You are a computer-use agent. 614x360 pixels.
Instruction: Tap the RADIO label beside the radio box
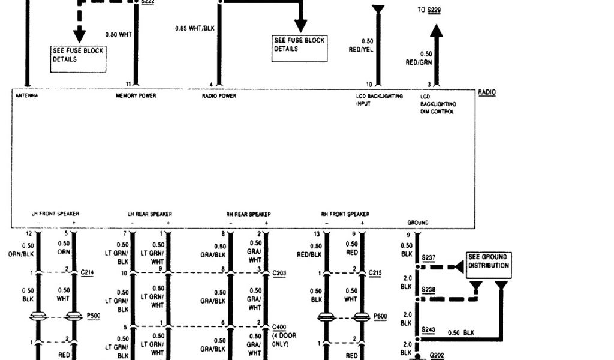click(x=487, y=92)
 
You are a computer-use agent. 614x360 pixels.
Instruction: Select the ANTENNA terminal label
click(x=26, y=96)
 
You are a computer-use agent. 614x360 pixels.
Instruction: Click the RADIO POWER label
click(x=219, y=96)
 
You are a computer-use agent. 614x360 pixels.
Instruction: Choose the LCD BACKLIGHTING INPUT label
click(x=379, y=100)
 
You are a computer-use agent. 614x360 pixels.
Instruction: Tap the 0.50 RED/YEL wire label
click(x=361, y=46)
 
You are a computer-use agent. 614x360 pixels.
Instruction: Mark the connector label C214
click(x=87, y=272)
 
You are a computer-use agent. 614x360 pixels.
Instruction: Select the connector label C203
click(x=279, y=272)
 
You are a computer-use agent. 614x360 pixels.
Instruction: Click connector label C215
click(x=375, y=272)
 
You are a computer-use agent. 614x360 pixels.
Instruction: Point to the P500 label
click(x=93, y=314)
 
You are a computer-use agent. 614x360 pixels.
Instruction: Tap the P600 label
click(x=380, y=314)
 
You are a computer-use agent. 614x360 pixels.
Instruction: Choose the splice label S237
click(x=429, y=258)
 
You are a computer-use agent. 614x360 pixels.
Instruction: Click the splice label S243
click(x=429, y=329)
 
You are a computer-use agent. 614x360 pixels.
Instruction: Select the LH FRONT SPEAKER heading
click(x=55, y=214)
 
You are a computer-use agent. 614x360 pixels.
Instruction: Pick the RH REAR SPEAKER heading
click(x=248, y=214)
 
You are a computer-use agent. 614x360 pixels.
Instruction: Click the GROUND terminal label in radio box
click(x=417, y=223)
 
